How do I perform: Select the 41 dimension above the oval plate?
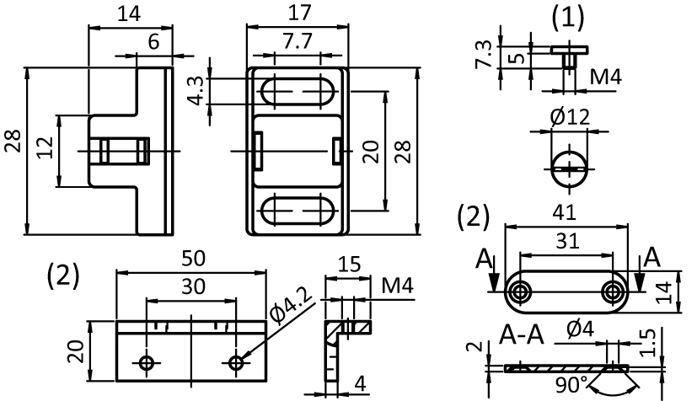tap(567, 214)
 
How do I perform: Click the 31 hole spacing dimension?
tap(567, 241)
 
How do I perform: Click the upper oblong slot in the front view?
tap(297, 91)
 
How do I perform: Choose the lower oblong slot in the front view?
tap(297, 209)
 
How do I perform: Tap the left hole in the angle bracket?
tap(147, 363)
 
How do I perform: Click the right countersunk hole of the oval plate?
tap(613, 291)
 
